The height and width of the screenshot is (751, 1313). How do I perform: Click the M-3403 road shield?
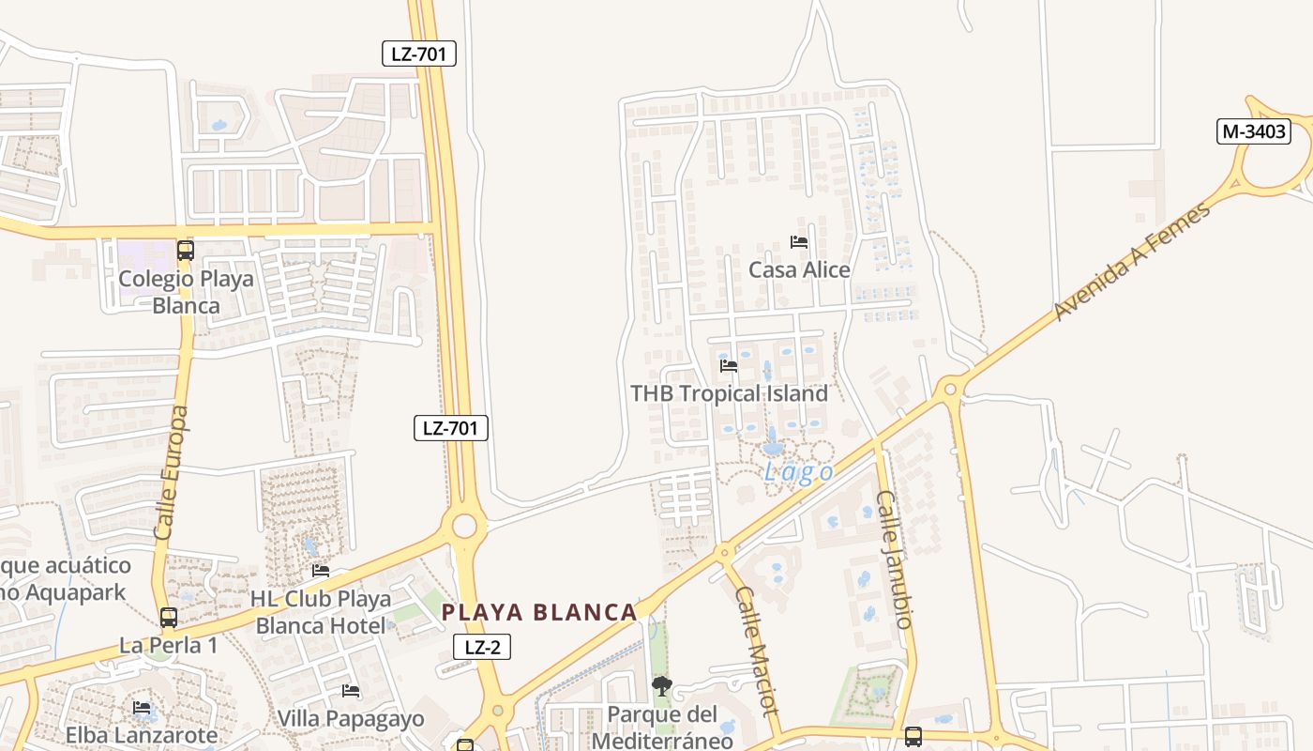[x=1254, y=131]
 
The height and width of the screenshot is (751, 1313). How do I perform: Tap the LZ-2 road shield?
[x=482, y=646]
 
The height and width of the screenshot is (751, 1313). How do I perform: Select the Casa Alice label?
[x=799, y=270]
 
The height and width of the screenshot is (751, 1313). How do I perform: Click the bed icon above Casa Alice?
[x=799, y=242]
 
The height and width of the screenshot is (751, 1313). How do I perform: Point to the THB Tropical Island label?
[x=729, y=393]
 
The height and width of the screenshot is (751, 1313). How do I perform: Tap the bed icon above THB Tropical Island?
[x=729, y=365]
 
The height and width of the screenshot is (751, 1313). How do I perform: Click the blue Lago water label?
[x=798, y=471]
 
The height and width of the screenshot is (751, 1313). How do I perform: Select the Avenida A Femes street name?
[x=1132, y=262]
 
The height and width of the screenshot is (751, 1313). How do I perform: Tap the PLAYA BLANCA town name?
[x=539, y=613]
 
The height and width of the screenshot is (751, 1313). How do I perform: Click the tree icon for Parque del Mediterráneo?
[x=662, y=686]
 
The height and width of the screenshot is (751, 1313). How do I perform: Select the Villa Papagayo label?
[x=351, y=719]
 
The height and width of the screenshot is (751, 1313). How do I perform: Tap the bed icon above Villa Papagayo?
[x=351, y=691]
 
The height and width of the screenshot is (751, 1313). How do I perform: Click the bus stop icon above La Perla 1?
[x=169, y=618]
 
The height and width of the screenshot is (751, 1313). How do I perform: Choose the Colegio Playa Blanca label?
[x=186, y=292]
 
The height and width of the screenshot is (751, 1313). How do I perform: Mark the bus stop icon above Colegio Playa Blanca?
[x=186, y=251]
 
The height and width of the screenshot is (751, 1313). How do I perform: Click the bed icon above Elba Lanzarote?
[x=142, y=707]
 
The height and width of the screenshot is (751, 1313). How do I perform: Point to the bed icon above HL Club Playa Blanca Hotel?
[x=321, y=571]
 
